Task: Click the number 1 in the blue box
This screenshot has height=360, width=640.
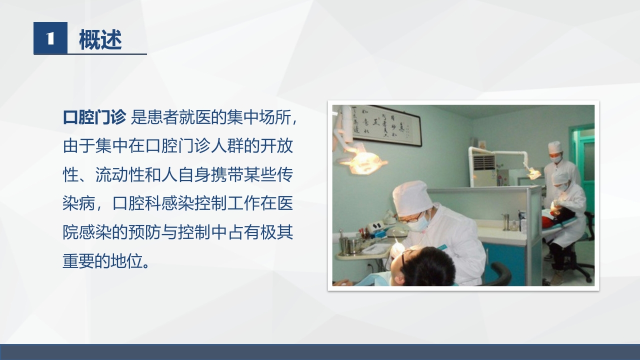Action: (50, 38)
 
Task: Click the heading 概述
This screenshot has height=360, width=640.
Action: (100, 39)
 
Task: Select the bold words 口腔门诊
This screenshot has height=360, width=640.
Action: (94, 118)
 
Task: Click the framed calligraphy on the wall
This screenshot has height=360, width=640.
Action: (384, 125)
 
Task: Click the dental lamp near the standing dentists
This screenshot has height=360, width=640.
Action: (533, 173)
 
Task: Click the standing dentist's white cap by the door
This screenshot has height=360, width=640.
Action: (554, 146)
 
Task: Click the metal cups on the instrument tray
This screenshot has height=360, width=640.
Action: (349, 244)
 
